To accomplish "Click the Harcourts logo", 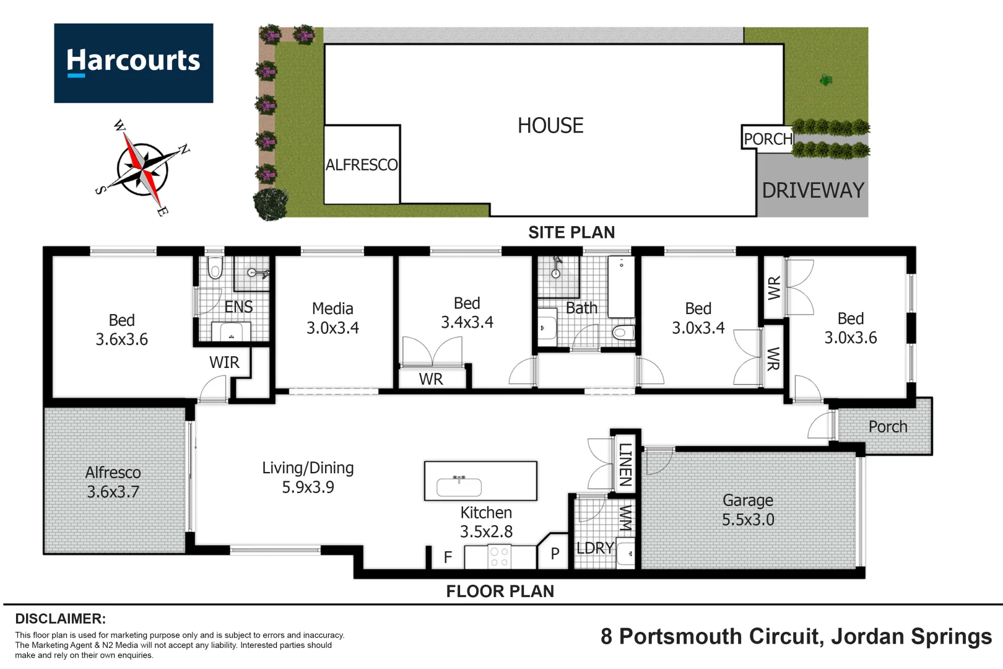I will coord(133,63).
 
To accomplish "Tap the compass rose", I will coord(144,167).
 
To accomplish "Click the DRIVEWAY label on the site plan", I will coord(812,190).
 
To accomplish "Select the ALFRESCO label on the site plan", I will coord(362,165).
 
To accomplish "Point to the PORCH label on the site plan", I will coord(768,139).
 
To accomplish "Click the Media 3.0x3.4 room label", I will coord(332,318).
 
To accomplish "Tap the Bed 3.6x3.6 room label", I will coord(121,330).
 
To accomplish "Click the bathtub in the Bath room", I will coord(620,286).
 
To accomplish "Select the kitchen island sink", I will coord(459,486).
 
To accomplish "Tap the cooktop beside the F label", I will coord(499,557).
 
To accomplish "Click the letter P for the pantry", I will coord(555,554).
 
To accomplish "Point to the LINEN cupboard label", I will coord(625,464).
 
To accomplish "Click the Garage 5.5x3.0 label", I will coord(748,510).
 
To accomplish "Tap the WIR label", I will coord(224,362).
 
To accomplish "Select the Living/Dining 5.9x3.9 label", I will coord(308,478).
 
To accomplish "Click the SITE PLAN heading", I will coord(571,232).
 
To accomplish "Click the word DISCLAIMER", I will coord(60,619).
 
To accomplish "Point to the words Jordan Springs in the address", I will coord(911,636).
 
